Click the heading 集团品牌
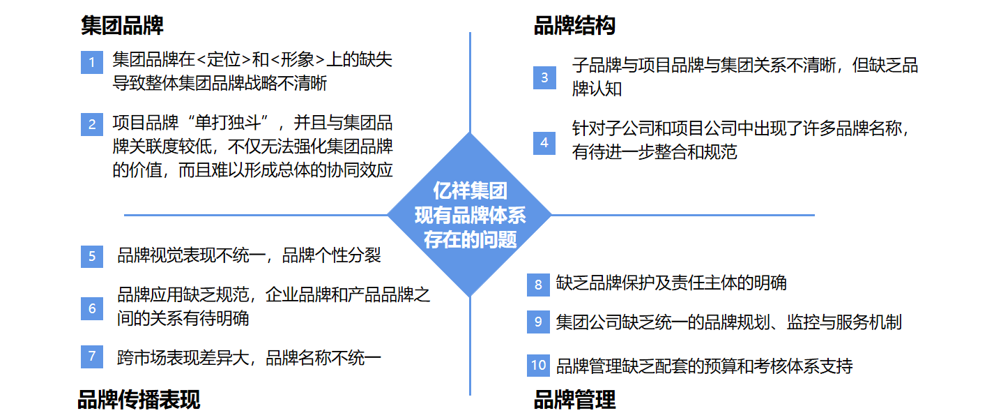(122, 26)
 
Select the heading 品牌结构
(574, 26)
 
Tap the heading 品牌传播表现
(139, 400)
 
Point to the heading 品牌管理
(574, 400)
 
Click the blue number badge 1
(92, 63)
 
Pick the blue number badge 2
(92, 126)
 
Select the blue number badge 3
(545, 77)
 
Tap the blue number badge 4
(545, 142)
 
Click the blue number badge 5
(92, 255)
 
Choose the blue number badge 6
(92, 308)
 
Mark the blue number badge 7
(92, 357)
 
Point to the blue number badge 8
(538, 284)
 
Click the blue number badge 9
(538, 322)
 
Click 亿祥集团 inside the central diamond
(470, 190)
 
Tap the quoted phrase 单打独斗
(227, 124)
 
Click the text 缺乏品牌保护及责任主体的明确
(671, 283)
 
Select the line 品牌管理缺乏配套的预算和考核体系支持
(704, 366)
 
